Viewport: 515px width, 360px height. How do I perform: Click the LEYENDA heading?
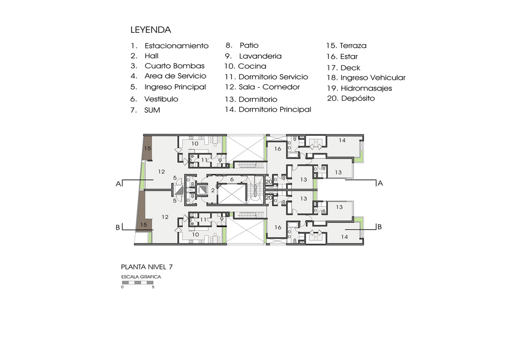151,30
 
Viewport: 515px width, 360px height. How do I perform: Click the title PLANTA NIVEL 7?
147,267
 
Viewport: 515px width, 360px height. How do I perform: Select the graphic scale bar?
137,282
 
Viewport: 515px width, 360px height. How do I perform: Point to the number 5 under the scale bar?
153,287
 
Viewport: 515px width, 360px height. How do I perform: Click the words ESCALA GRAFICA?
141,277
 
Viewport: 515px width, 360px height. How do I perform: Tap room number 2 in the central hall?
213,190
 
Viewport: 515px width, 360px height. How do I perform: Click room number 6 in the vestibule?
232,179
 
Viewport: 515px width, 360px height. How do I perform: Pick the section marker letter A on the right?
380,183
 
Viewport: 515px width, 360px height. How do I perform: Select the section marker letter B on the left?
118,227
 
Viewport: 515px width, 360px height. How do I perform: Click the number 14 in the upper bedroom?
342,140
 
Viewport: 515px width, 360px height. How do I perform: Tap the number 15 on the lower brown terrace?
144,225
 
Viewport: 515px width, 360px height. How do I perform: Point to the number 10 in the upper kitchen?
195,144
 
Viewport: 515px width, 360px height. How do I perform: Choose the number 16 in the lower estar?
278,227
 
